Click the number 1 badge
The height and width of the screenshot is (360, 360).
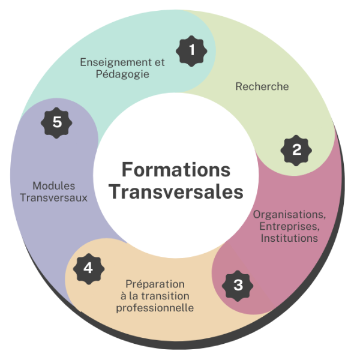(x=191, y=50)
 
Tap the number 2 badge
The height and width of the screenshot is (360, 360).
(x=296, y=150)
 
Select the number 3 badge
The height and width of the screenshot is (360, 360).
(x=238, y=284)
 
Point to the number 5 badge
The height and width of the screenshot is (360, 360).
(x=56, y=122)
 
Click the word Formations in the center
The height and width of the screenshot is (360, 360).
(x=176, y=169)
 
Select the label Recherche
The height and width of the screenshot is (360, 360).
(x=262, y=86)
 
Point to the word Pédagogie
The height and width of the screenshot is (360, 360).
(x=121, y=74)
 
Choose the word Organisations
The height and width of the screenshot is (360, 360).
(x=289, y=214)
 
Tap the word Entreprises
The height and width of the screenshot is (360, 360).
(x=289, y=226)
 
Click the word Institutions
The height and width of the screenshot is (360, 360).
(x=289, y=238)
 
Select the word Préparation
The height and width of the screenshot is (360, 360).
(x=155, y=284)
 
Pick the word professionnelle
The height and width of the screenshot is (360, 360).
(x=155, y=308)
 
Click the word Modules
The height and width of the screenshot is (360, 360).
(x=53, y=186)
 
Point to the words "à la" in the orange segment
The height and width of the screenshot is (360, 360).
(x=130, y=296)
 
